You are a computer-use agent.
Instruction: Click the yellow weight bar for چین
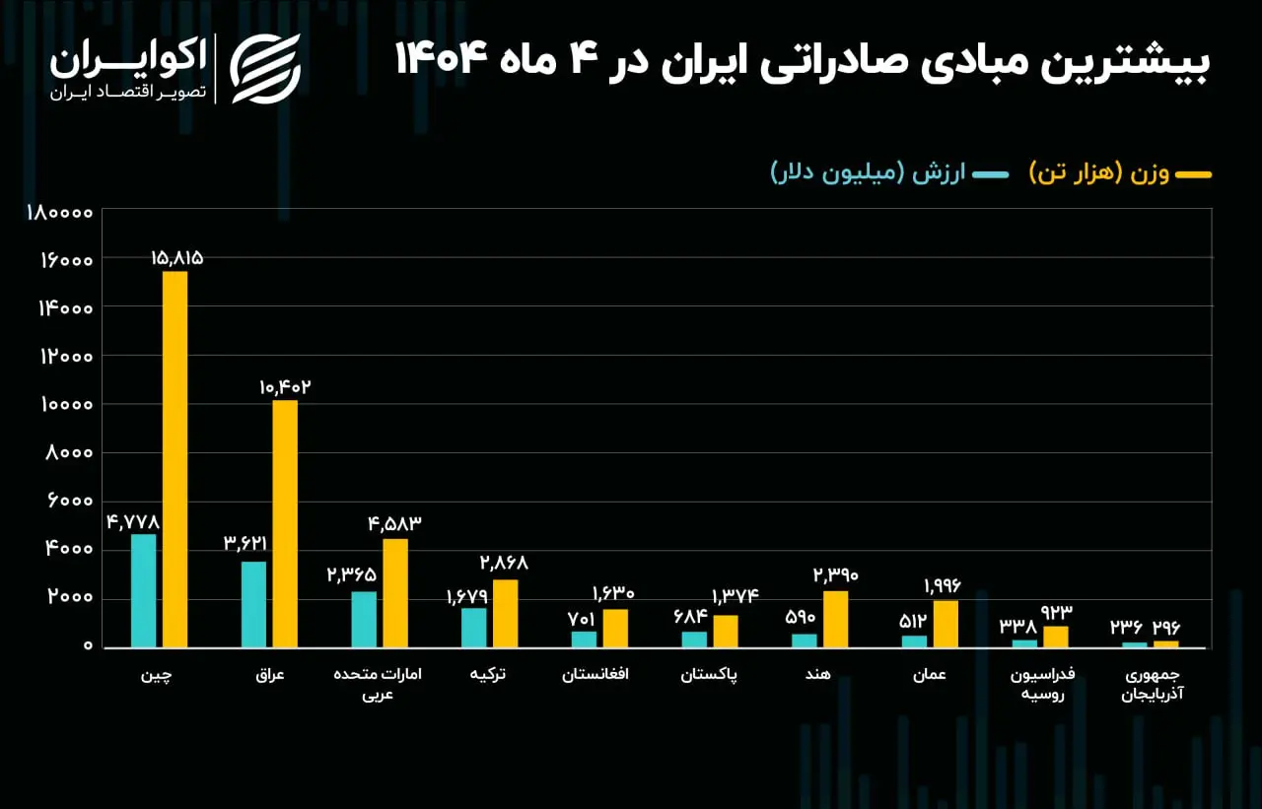click(175, 459)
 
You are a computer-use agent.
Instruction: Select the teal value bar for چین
click(143, 590)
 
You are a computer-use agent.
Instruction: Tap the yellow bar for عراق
click(285, 523)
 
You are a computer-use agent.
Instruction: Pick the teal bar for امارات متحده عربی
click(364, 619)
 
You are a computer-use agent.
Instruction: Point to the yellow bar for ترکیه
click(505, 613)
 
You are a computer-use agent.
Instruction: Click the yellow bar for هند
click(835, 619)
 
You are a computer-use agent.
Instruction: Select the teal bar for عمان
click(914, 640)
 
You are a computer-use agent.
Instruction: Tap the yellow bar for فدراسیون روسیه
click(1055, 637)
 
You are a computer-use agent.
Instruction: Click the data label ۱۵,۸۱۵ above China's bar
click(176, 258)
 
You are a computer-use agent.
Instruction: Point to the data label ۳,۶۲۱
click(245, 543)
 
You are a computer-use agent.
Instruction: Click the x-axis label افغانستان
click(596, 675)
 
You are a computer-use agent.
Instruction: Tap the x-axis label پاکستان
click(709, 675)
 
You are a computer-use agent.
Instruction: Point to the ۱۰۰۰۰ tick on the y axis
click(66, 404)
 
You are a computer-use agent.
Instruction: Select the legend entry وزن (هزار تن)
click(1120, 173)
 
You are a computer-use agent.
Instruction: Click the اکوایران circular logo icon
click(265, 68)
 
